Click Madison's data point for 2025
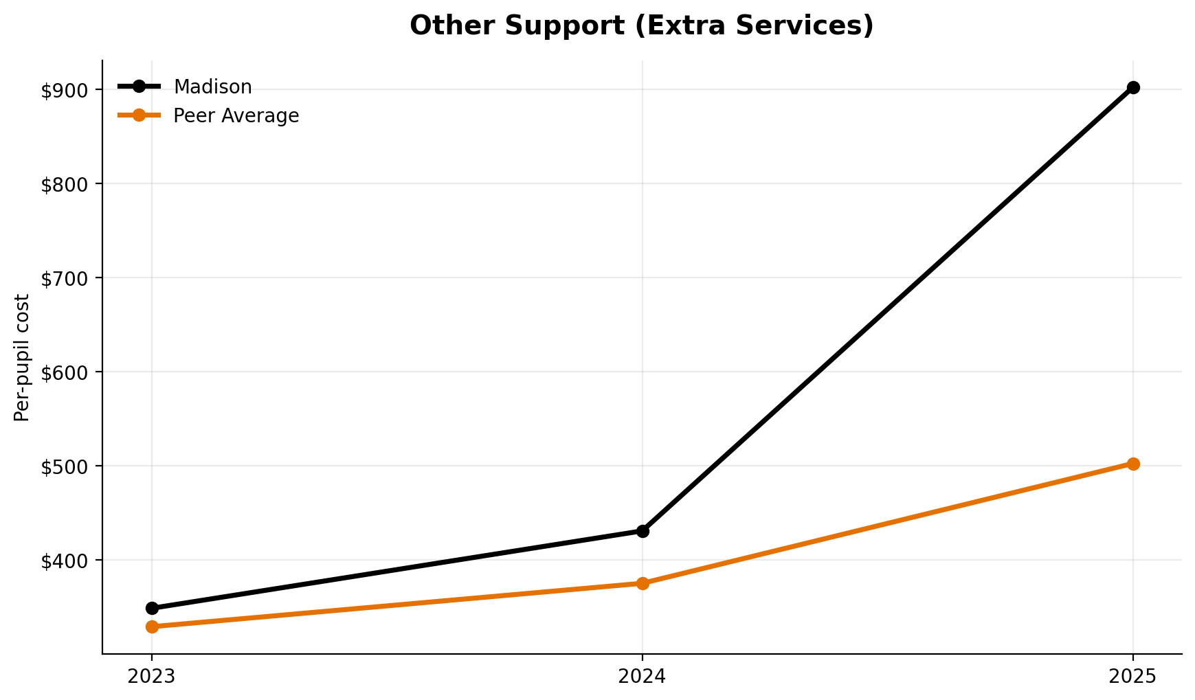click(x=1133, y=87)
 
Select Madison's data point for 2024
click(x=643, y=531)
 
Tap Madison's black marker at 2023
click(x=152, y=608)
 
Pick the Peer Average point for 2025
click(x=1133, y=464)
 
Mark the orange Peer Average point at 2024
click(x=643, y=583)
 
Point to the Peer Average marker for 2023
click(x=152, y=626)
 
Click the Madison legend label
click(x=212, y=87)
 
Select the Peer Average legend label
click(x=236, y=116)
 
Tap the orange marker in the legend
click(x=139, y=115)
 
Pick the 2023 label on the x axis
click(x=152, y=677)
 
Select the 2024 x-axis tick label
click(x=643, y=677)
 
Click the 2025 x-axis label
click(x=1133, y=677)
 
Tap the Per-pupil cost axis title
click(x=23, y=357)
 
